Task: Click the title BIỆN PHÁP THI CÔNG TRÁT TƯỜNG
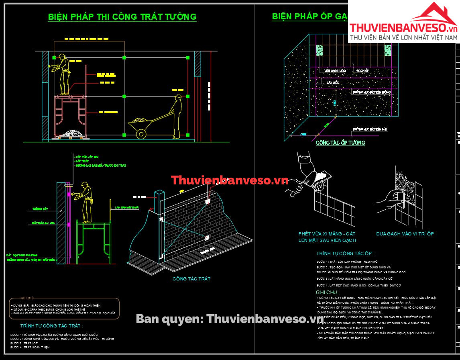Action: click(x=122, y=17)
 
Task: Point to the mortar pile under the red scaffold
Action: click(x=73, y=132)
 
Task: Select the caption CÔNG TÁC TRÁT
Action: click(x=191, y=278)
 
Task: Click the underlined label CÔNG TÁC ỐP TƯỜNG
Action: click(x=340, y=143)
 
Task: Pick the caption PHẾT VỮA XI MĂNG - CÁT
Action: click(x=327, y=233)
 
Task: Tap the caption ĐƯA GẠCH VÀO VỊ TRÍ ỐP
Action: click(x=405, y=233)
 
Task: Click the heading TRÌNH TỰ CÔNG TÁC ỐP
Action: click(x=345, y=254)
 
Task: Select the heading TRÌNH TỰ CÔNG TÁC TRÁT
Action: click(x=52, y=326)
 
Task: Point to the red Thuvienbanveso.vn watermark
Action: click(x=230, y=180)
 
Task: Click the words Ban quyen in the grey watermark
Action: click(x=169, y=319)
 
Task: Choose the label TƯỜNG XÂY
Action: click(x=40, y=209)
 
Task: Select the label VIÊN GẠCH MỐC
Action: click(x=335, y=71)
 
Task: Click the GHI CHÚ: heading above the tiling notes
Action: click(x=327, y=292)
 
